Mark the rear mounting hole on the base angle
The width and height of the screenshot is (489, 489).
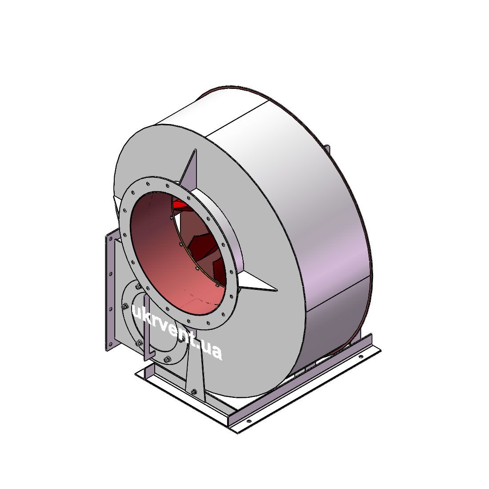(x=361, y=357)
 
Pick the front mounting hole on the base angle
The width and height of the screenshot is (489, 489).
(x=249, y=421)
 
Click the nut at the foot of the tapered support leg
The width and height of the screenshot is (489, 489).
(x=194, y=391)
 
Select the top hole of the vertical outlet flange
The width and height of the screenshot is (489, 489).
(x=111, y=239)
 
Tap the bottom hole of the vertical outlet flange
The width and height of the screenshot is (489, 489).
(x=110, y=344)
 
